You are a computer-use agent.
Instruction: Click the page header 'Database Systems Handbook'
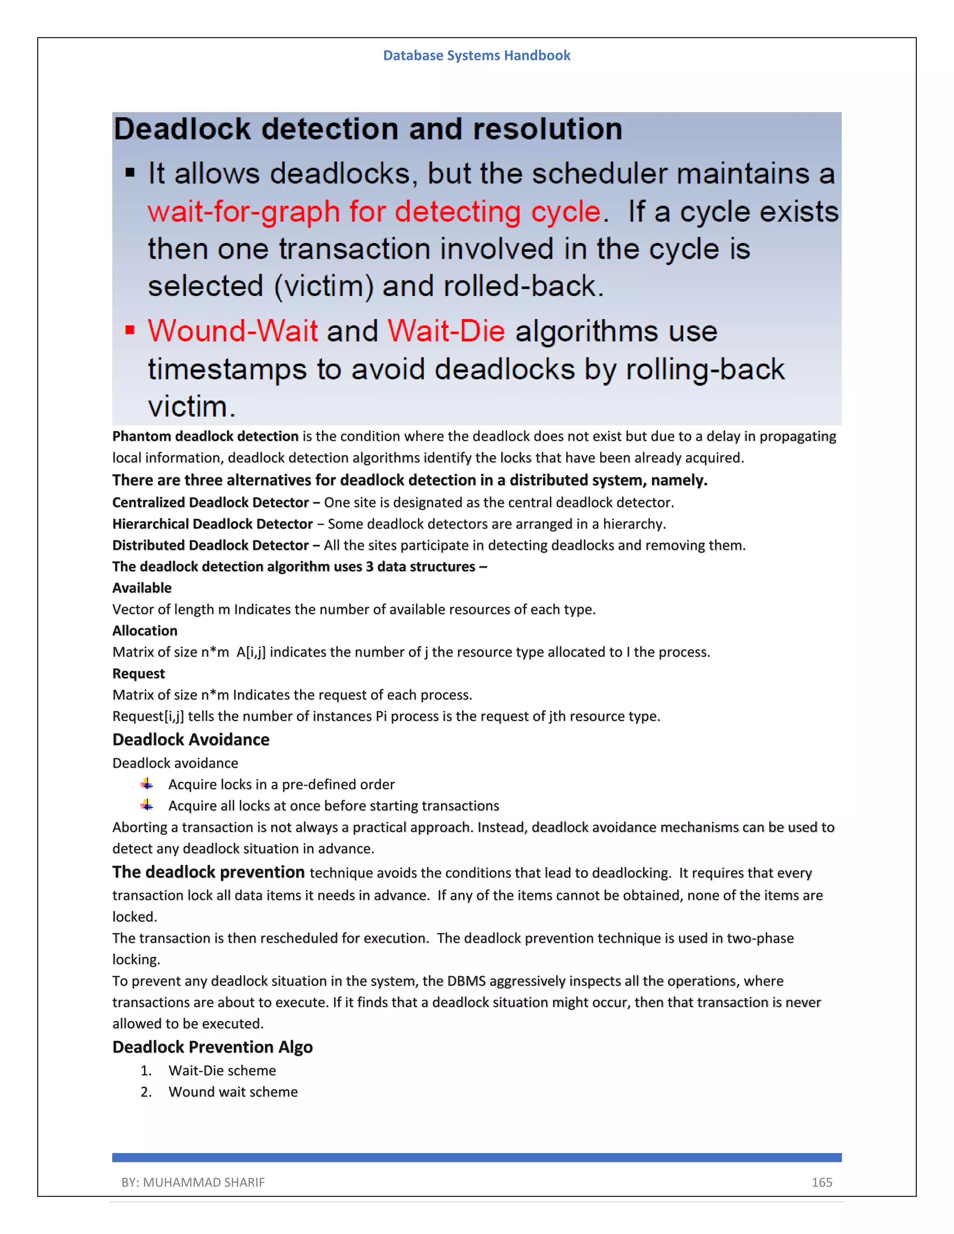(x=477, y=55)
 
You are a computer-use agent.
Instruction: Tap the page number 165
(x=821, y=1182)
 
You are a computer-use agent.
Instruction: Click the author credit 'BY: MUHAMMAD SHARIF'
(x=193, y=1182)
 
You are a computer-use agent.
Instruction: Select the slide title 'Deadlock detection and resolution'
(x=368, y=129)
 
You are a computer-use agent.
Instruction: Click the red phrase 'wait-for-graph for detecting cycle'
(x=374, y=212)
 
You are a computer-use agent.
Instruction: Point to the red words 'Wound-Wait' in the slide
(x=233, y=331)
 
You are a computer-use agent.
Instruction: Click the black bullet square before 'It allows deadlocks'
(x=130, y=172)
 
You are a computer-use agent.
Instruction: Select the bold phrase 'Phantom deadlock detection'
(x=205, y=436)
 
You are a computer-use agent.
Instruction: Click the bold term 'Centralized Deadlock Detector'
(x=210, y=502)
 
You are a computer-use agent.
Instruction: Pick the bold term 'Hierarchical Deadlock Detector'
(x=212, y=524)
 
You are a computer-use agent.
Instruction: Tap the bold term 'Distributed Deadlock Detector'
(x=210, y=545)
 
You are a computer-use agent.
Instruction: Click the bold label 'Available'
(x=142, y=588)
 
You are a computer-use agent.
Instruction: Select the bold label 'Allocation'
(x=145, y=631)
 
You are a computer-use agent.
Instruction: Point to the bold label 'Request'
(x=138, y=673)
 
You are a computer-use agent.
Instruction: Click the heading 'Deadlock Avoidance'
(x=191, y=739)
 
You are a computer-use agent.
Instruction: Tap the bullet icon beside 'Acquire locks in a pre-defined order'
(x=147, y=784)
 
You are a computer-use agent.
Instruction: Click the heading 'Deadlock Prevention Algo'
(x=212, y=1047)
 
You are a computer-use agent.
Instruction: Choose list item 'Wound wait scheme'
(x=233, y=1092)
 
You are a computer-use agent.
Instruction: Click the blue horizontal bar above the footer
(x=477, y=1157)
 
